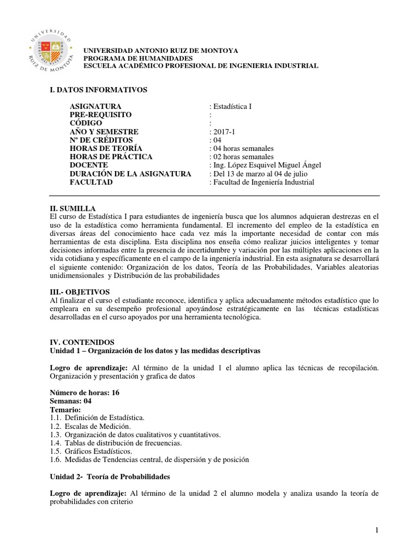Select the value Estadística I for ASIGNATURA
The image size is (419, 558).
pos(231,106)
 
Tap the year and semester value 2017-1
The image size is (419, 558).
pos(224,132)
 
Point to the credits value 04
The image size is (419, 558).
pos(217,140)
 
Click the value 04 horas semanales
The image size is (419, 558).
pos(241,148)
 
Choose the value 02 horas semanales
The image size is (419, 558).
pos(241,157)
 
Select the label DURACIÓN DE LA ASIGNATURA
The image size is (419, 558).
pos(130,174)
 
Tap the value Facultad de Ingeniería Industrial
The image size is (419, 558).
pos(262,182)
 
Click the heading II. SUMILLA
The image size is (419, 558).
pos(73,209)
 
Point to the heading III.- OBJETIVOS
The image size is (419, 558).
pos(80,292)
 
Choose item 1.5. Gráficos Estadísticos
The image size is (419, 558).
pos(91,451)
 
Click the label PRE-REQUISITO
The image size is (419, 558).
pos(101,114)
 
